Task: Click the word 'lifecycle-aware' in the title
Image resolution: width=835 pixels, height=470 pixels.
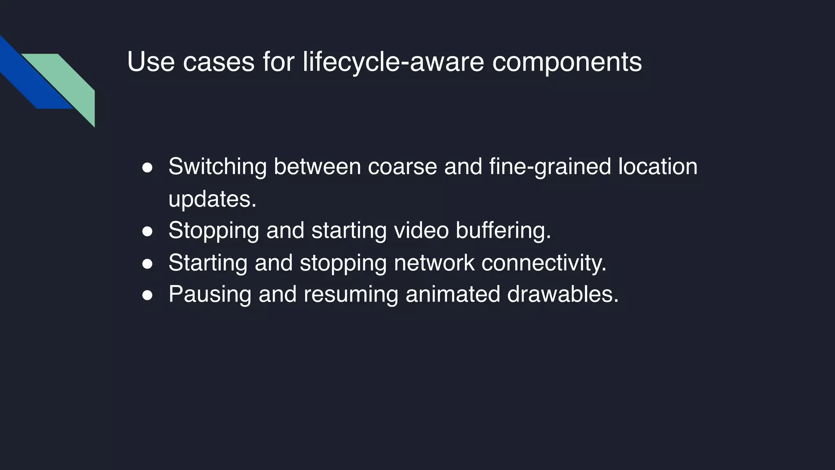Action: point(393,62)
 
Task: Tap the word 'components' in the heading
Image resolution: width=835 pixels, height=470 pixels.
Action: point(567,62)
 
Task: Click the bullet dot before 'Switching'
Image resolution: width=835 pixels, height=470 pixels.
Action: point(147,168)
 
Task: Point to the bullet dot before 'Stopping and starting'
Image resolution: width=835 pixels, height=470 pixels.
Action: point(147,231)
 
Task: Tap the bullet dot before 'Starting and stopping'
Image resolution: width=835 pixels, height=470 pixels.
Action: point(147,264)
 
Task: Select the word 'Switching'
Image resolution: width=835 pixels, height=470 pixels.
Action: point(217,167)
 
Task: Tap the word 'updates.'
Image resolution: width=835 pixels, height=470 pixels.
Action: point(212,199)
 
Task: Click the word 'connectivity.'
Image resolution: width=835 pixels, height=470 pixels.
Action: point(544,263)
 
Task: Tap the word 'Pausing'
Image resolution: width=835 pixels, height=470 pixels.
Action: point(210,295)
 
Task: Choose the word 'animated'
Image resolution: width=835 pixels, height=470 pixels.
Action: point(453,294)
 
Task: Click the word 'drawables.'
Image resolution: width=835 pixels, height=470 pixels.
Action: point(563,294)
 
